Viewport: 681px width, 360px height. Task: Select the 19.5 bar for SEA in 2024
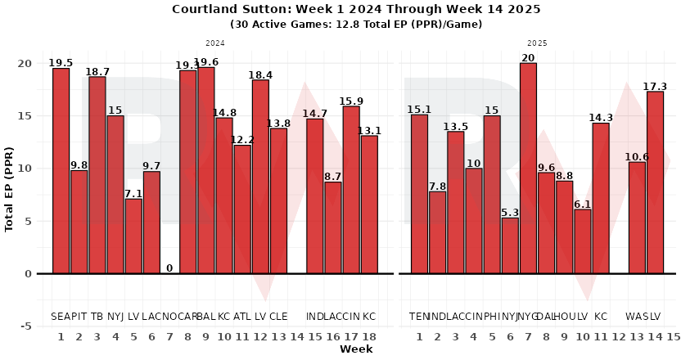point(61,171)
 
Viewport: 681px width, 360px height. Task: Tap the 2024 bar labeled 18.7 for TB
point(97,175)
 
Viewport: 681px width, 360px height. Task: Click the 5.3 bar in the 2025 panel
point(510,245)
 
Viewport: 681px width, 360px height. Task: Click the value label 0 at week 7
point(169,268)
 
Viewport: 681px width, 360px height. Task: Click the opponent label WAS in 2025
point(637,317)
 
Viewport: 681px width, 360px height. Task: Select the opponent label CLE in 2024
point(279,317)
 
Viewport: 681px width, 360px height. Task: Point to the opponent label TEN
point(419,317)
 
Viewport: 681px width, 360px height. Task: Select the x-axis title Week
point(356,349)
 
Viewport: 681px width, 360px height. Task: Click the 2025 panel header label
point(537,43)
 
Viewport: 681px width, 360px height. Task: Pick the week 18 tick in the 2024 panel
point(369,336)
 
